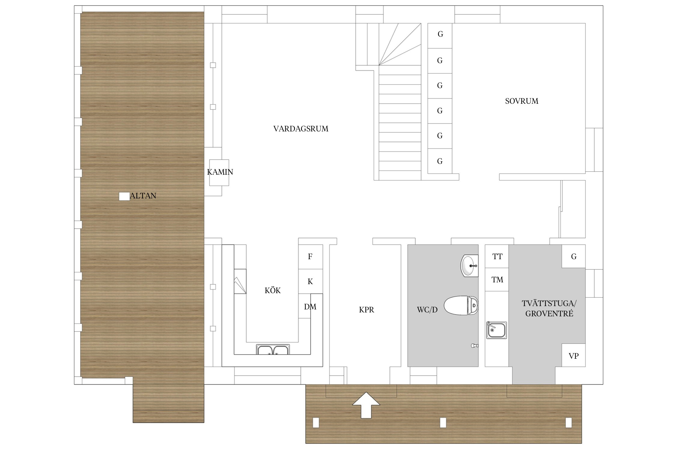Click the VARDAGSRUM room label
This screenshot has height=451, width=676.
pos(301,129)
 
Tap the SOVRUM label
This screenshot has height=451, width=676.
pos(522,101)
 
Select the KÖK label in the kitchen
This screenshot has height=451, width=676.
pos(273,290)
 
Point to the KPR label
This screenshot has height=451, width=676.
pos(367,310)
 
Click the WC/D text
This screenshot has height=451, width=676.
pos(427,310)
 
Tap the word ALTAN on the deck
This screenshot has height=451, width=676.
pos(143,196)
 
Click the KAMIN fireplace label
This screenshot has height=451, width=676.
pos(220,172)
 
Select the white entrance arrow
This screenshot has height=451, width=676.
pos(366,405)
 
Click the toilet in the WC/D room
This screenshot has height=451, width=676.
pos(461,305)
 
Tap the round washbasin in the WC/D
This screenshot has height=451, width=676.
pos(469,265)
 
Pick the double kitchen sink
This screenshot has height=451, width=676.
pos(273,349)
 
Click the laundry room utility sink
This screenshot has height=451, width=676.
pos(497,330)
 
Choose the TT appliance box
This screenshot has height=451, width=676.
pos(497,256)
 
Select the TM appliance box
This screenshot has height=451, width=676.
pos(497,280)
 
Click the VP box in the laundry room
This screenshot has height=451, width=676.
pos(574,355)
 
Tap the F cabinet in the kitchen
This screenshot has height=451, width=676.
pos(310,256)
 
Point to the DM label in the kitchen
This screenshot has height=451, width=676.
pos(310,307)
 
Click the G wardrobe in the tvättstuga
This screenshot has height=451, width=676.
pos(574,256)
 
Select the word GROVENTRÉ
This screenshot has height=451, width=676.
pos(549,314)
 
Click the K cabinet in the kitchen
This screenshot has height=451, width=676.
pos(310,281)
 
